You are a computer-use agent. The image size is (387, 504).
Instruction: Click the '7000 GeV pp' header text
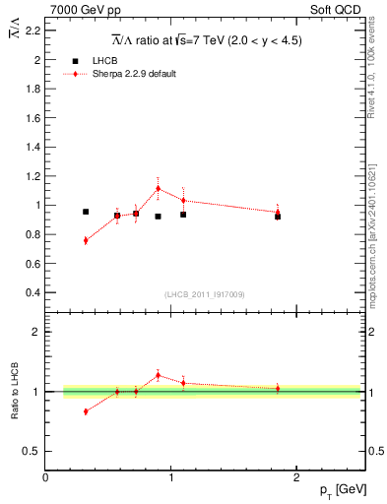78,10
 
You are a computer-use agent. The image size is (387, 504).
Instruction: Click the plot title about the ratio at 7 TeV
206,40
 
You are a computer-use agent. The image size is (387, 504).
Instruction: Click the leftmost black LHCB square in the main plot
86,212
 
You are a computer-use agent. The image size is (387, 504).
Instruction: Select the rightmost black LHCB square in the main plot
278,216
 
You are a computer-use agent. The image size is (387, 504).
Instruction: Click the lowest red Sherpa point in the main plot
86,240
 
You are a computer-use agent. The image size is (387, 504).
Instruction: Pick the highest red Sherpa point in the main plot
158,188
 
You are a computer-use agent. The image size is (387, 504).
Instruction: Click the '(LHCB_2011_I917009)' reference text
205,294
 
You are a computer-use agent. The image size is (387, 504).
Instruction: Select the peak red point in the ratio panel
158,374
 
